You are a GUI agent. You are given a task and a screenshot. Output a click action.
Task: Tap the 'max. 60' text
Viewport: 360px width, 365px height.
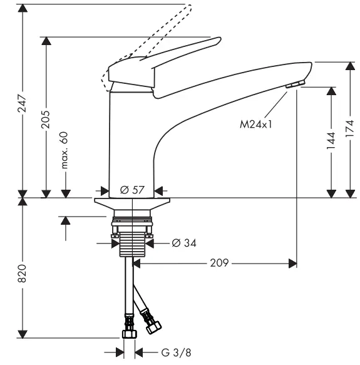point(64,150)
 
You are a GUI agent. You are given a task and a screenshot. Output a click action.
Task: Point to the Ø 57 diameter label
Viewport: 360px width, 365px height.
point(132,190)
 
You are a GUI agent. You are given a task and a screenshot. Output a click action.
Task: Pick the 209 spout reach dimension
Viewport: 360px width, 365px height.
point(219,264)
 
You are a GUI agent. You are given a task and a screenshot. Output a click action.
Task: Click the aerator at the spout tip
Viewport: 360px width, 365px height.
point(295,85)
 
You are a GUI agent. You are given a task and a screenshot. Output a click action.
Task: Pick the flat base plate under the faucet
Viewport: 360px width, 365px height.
point(132,205)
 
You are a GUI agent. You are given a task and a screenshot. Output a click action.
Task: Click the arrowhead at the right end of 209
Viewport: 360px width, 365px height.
point(292,264)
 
